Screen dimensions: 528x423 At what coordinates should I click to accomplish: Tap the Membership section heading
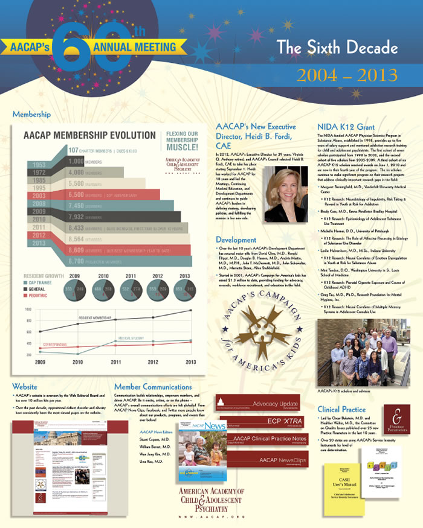[x=31, y=114]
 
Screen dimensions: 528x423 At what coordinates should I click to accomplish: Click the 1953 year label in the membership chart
[x=39, y=165]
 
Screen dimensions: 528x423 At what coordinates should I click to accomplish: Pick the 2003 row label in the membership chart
[x=39, y=196]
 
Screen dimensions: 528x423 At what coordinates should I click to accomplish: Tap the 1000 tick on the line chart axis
[x=28, y=308]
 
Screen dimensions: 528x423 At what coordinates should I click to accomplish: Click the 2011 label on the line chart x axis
[x=115, y=362]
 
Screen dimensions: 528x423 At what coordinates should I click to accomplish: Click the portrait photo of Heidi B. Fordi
[x=285, y=194]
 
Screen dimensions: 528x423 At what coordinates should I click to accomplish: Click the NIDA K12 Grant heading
[x=344, y=127]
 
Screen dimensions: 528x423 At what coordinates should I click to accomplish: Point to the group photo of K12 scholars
[x=355, y=352]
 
